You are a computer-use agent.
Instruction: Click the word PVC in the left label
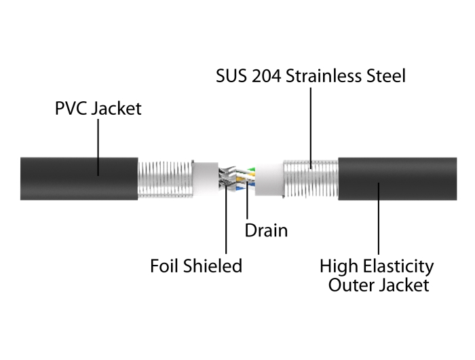pyautogui.click(x=71, y=109)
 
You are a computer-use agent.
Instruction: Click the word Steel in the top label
pyautogui.click(x=387, y=76)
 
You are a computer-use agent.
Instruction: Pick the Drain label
pyautogui.click(x=266, y=231)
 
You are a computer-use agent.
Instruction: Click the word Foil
pyautogui.click(x=165, y=266)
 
